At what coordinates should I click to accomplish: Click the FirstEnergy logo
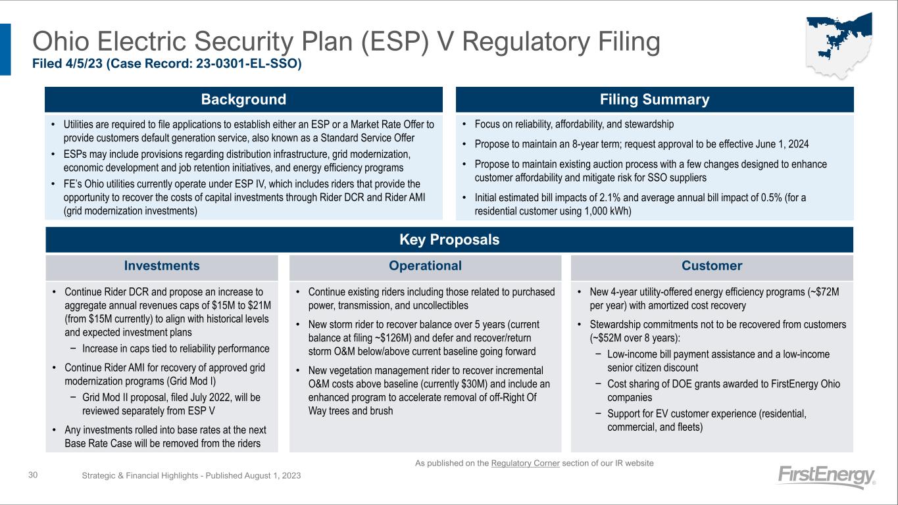[826, 477]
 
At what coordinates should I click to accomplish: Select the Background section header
[243, 99]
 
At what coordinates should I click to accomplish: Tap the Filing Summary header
[654, 99]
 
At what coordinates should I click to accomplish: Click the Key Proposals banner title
[449, 239]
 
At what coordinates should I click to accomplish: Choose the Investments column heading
[162, 266]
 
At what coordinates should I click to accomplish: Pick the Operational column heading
[425, 266]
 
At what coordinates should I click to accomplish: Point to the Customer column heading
[712, 266]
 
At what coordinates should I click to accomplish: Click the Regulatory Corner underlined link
[525, 464]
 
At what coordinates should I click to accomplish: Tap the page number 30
[33, 475]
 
